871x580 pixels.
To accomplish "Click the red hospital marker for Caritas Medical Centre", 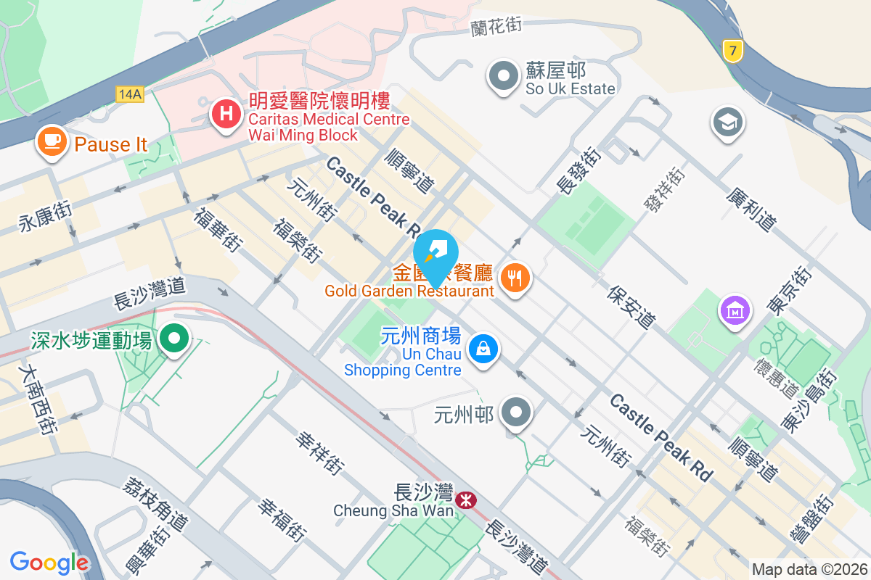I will pos(226,115).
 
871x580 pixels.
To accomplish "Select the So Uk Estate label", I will pos(571,88).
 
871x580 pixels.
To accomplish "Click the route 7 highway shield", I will pos(733,51).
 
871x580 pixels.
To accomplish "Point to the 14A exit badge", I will pos(129,93).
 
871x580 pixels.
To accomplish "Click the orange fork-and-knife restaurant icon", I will pos(515,276).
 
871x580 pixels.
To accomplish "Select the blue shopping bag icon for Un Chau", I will pos(483,349).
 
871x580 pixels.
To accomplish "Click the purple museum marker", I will pos(735,310).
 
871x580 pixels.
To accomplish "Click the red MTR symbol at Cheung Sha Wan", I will pos(466,498).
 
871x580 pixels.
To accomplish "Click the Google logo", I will pos(49,563).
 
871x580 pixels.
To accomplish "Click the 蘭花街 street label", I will pos(496,26).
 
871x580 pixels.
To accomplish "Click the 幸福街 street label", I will pos(280,520).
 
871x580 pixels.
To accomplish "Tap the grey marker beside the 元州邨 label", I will pos(518,413).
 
